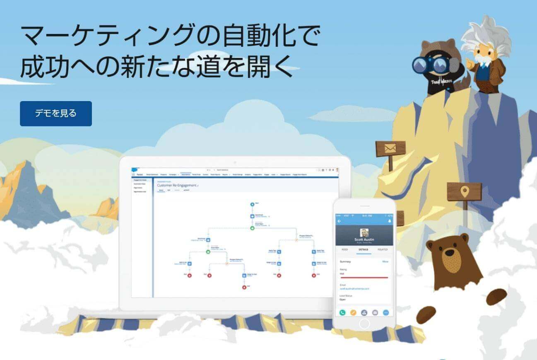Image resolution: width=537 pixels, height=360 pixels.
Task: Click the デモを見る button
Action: coord(56,114)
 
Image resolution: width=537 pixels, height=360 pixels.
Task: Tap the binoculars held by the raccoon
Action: coord(431,65)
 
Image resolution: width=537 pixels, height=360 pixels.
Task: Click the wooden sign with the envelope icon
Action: coord(390,149)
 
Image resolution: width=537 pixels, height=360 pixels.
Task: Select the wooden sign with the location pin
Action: coord(465,191)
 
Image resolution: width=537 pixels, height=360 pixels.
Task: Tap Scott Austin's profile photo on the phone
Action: coord(364,233)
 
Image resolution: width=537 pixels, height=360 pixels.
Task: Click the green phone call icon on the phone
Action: coord(342,312)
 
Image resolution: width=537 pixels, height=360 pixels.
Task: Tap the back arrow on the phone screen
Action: coord(340,221)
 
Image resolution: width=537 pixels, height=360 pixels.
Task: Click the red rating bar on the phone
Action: coord(364,277)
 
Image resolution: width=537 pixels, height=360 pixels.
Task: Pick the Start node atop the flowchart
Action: coord(252,204)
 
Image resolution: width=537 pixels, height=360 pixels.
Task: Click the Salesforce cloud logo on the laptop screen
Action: coord(134,170)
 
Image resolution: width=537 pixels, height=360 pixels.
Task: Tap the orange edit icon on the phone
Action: coord(353,312)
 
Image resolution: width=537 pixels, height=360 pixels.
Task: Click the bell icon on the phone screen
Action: coord(389,221)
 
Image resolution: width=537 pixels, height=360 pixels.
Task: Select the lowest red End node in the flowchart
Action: coord(244,287)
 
